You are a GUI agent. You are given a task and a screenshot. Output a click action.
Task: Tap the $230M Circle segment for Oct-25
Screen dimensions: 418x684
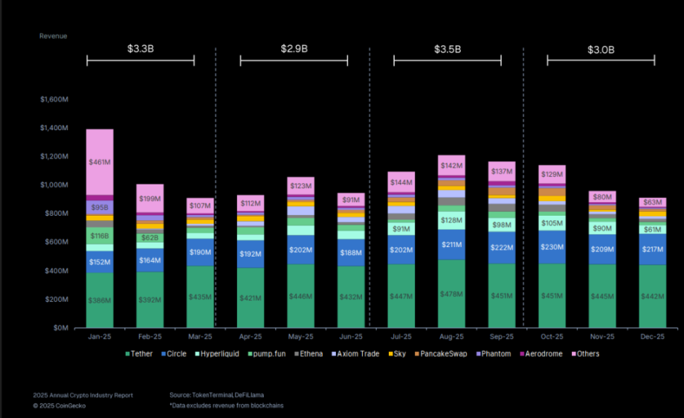tap(551, 247)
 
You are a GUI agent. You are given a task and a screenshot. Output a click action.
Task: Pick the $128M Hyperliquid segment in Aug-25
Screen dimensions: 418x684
tap(451, 219)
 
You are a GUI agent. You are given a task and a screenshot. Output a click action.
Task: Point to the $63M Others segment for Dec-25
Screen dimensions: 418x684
tap(653, 202)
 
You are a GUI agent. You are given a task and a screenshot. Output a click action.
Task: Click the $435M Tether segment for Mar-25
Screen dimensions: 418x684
tap(200, 297)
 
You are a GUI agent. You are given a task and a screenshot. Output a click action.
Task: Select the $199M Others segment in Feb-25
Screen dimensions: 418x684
tap(149, 199)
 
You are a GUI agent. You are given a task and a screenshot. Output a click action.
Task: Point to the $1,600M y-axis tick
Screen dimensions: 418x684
tap(54, 99)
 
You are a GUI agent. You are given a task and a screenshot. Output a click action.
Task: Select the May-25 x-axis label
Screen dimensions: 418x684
tap(300, 337)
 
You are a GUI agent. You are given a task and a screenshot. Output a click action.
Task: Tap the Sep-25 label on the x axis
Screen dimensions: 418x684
tap(501, 337)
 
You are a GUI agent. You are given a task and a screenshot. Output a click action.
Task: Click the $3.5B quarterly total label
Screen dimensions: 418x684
tap(448, 49)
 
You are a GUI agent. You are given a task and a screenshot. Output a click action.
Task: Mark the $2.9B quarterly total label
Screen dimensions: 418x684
tap(294, 49)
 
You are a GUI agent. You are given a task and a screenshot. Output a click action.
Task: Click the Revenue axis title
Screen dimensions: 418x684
tap(53, 36)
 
